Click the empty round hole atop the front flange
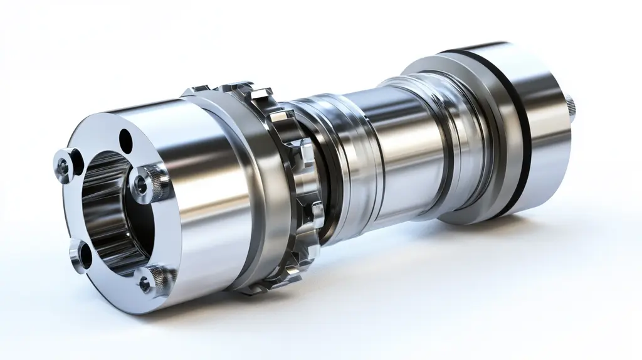[x=125, y=137]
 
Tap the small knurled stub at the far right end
[x=572, y=104]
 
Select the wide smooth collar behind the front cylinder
[x=251, y=188]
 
